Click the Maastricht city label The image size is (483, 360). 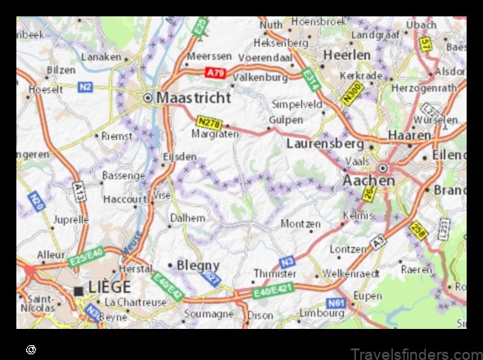[190, 97]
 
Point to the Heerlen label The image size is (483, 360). [347, 54]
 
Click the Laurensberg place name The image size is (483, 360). [324, 142]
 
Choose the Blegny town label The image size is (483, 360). [199, 265]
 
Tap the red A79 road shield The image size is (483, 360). [215, 73]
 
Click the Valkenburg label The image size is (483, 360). [260, 77]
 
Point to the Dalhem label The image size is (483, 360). [187, 218]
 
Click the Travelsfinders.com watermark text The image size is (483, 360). [417, 353]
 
